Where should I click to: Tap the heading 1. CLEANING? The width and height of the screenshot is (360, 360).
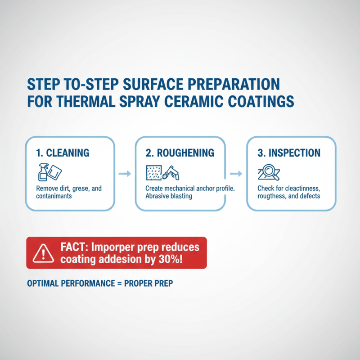click(x=63, y=153)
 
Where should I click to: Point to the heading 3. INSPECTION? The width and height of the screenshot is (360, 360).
click(x=289, y=153)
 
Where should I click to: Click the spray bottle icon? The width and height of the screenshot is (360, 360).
click(x=44, y=171)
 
